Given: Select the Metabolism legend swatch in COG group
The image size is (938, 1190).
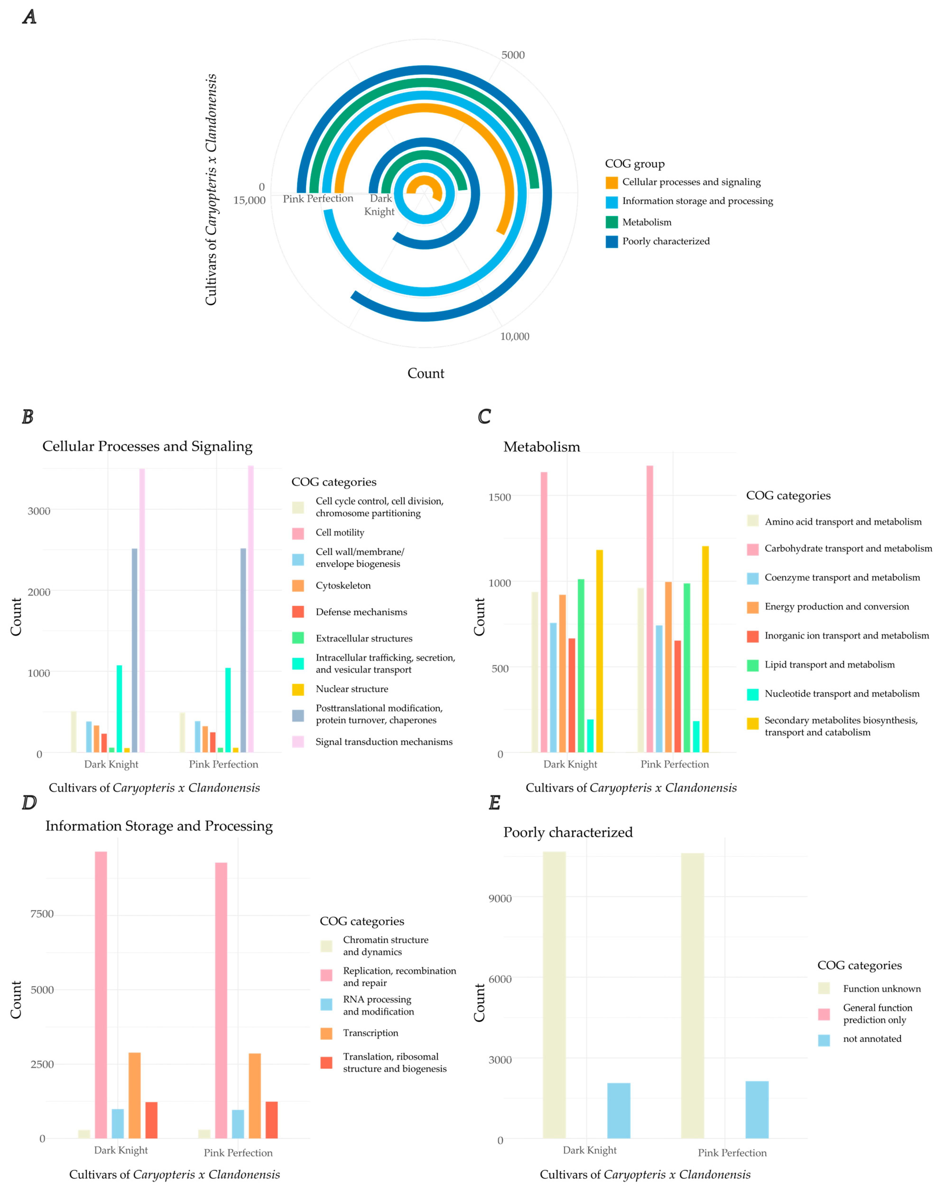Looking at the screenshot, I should (611, 222).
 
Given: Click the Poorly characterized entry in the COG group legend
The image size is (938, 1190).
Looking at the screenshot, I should (665, 241).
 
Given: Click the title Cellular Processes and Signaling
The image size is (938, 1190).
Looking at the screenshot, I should (147, 446).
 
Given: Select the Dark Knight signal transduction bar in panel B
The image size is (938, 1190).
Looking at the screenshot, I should (142, 610).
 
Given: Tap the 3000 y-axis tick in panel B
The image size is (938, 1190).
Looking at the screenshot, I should (39, 511).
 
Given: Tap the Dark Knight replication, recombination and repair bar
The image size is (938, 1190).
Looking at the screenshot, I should (101, 994).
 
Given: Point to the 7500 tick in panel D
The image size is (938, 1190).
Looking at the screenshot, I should (42, 914).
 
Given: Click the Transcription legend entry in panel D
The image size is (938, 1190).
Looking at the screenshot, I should (370, 1033).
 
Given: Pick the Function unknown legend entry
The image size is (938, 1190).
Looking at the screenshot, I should (881, 988).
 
